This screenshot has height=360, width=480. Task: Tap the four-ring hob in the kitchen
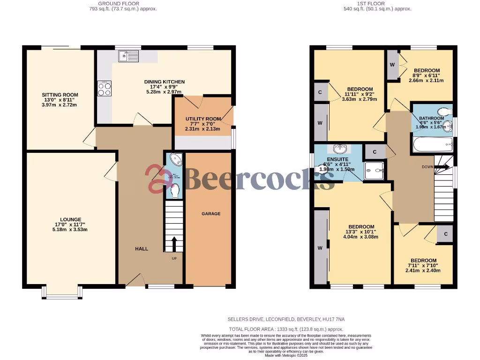[x=104, y=89]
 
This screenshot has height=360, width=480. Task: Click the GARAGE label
[x=211, y=214]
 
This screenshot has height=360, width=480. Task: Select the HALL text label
[x=142, y=249]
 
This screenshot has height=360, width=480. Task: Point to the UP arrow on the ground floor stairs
[x=174, y=244]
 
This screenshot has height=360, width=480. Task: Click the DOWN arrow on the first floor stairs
[x=443, y=166]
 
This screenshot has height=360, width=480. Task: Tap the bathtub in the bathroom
[x=432, y=145]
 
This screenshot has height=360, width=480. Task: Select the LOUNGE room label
[x=70, y=219]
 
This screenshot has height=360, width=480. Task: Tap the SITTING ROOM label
[x=60, y=95]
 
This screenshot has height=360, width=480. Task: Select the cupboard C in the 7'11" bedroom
[x=445, y=234]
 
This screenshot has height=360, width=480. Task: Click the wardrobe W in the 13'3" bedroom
[x=321, y=247]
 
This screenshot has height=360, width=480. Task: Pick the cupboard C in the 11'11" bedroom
[x=320, y=92]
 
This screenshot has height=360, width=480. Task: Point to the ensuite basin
[x=338, y=149]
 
